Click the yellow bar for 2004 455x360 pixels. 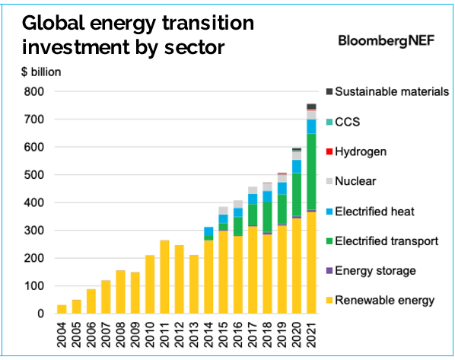(62, 309)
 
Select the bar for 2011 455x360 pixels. (164, 277)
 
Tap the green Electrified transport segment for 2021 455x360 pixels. (311, 171)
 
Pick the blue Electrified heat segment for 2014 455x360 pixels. (208, 231)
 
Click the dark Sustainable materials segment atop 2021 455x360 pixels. (311, 107)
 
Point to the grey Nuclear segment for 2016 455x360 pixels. (238, 204)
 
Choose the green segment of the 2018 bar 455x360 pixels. (267, 217)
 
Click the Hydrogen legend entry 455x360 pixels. (356, 151)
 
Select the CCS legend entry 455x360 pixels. (343, 122)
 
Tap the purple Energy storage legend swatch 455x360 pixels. (329, 271)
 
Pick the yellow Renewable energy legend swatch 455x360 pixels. (329, 300)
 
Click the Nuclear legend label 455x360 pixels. (355, 181)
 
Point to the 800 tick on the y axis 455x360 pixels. (34, 92)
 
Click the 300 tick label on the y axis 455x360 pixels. (34, 231)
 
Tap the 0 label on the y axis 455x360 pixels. (40, 314)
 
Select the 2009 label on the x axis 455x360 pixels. (135, 334)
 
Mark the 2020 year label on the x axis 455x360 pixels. (297, 334)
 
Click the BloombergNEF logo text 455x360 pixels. (387, 40)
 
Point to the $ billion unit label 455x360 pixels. (41, 72)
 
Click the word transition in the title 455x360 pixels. (208, 23)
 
